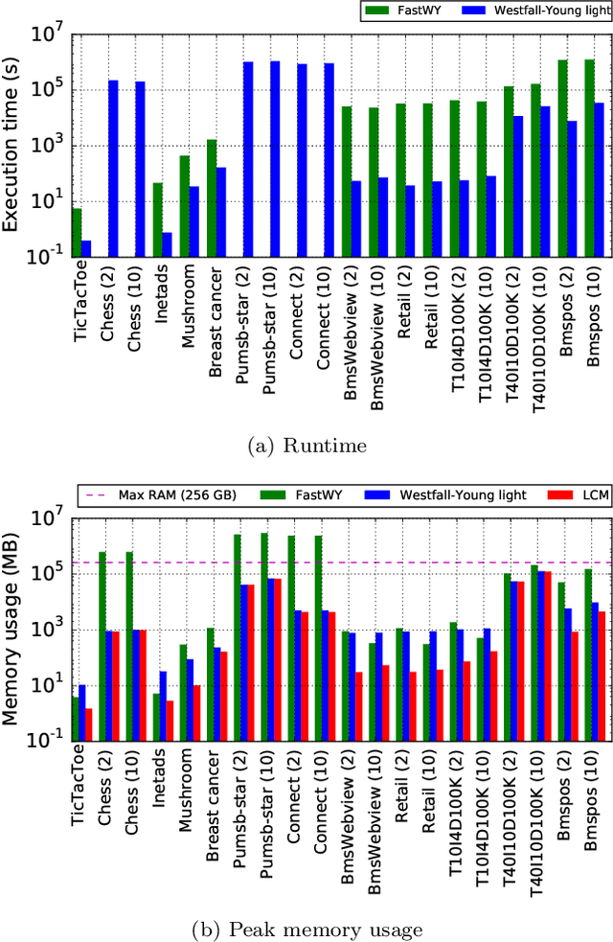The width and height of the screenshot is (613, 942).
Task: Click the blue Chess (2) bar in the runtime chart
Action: coord(113,168)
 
